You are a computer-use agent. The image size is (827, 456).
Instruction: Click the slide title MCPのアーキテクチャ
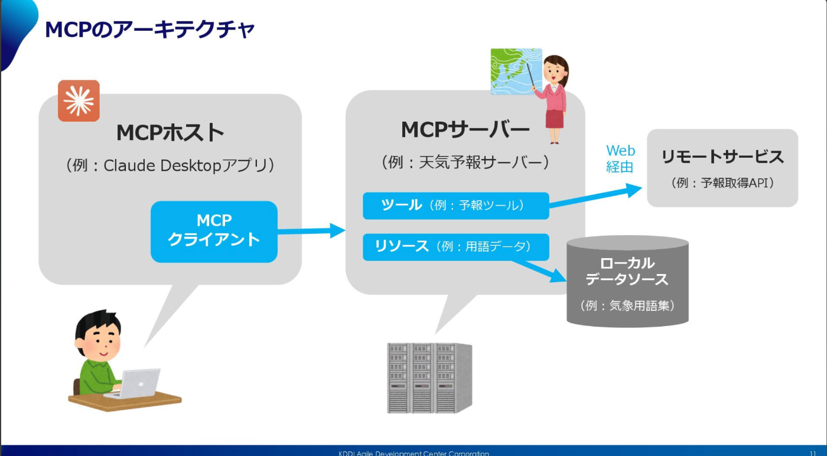(x=149, y=30)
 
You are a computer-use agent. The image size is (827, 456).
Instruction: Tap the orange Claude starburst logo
(x=79, y=101)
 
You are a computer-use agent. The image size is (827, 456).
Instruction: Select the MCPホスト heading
(x=170, y=132)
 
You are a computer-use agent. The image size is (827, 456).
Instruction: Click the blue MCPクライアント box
(x=214, y=232)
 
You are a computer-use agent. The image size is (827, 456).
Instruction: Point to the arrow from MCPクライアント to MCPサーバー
(x=311, y=231)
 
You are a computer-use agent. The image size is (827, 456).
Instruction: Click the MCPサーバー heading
(x=465, y=130)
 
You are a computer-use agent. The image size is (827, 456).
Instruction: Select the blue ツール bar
(x=456, y=206)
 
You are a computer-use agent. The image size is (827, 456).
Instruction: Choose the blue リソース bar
(x=456, y=247)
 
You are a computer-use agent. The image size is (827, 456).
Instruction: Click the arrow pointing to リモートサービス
(x=595, y=197)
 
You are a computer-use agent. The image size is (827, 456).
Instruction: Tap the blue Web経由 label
(x=620, y=159)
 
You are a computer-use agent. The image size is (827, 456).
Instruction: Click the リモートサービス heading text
(x=722, y=157)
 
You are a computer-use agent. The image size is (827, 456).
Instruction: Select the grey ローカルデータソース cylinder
(x=627, y=281)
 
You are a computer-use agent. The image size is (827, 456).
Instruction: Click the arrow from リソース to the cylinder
(x=539, y=271)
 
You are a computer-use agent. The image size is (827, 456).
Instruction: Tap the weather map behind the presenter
(x=516, y=71)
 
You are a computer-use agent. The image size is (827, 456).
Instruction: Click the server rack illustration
(x=429, y=377)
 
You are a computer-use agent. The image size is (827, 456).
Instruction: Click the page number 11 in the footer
(x=813, y=453)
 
